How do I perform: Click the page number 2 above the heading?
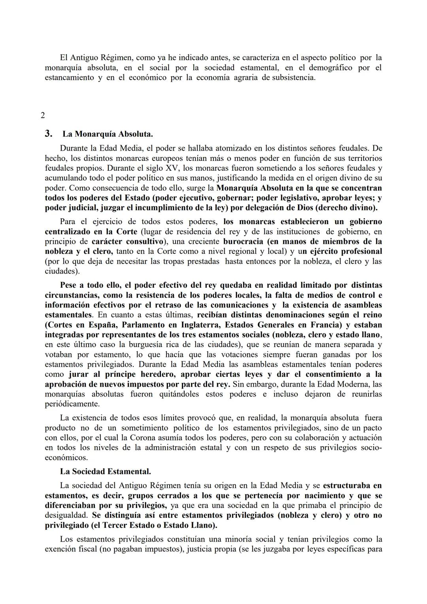coord(43,115)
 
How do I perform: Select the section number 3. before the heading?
coord(49,134)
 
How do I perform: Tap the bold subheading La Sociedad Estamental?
coord(105,471)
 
